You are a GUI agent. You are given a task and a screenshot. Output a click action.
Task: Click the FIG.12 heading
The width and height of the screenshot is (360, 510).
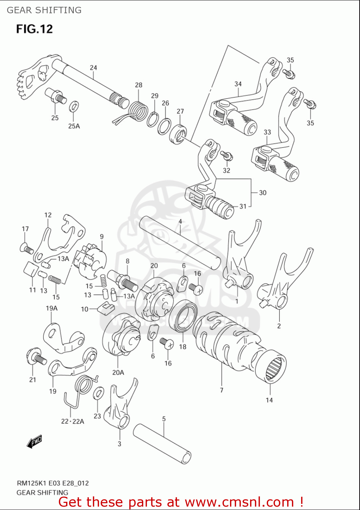click(34, 29)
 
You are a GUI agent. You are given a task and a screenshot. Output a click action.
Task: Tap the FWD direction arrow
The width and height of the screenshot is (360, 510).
click(34, 442)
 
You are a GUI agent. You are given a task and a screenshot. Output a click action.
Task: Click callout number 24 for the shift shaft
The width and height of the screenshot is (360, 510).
click(93, 68)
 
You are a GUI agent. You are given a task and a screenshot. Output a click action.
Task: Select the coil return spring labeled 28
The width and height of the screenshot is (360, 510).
click(138, 111)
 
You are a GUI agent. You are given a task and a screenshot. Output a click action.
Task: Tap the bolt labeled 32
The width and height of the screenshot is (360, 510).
click(227, 156)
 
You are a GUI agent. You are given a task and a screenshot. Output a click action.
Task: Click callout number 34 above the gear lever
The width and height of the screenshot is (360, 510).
click(238, 84)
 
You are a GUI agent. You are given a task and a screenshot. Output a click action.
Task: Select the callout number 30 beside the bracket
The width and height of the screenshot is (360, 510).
click(263, 193)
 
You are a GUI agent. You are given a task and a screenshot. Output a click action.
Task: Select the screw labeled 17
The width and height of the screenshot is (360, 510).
click(27, 249)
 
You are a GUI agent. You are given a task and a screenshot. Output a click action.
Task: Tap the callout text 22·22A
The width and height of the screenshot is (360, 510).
click(72, 421)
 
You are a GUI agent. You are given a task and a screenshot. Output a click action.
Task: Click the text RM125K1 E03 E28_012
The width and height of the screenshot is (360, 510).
click(53, 483)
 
